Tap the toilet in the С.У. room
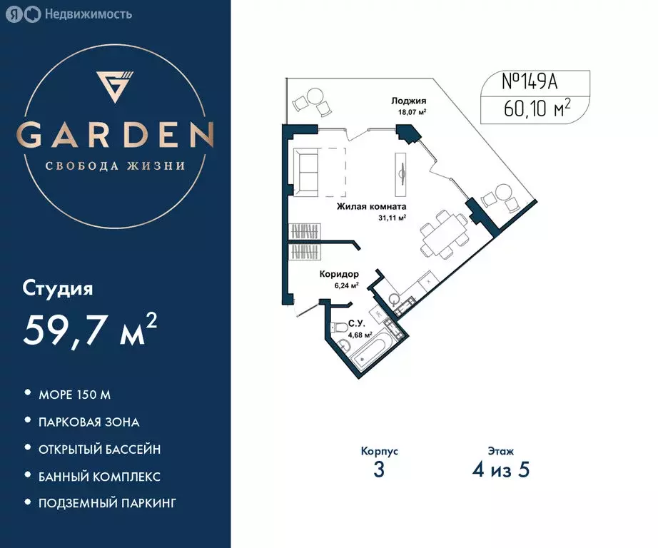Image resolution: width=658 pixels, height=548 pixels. (x=338, y=328)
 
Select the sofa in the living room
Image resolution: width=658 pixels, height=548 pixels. (x=306, y=172)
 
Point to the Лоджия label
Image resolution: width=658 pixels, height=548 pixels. (x=408, y=101)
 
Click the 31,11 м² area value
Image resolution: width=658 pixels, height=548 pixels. (x=392, y=218)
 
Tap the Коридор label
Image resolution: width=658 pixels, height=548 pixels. (x=339, y=274)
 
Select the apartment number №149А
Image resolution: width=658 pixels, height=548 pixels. (x=530, y=82)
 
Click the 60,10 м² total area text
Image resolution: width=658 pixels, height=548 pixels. (x=537, y=108)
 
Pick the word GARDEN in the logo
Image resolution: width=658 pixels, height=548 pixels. (x=115, y=135)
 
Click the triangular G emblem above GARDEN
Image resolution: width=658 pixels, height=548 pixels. (x=115, y=87)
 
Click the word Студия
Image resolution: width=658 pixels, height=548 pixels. (x=58, y=289)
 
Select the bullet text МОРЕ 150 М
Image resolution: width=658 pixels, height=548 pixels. (x=75, y=395)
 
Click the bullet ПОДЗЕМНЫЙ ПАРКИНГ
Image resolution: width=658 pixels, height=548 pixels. (x=108, y=503)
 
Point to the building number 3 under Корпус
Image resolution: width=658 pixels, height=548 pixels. (x=379, y=469)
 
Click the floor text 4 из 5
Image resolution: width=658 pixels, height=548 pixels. (x=501, y=469)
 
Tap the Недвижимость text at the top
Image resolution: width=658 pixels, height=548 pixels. (x=88, y=14)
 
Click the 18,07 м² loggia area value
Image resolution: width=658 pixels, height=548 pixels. (x=412, y=112)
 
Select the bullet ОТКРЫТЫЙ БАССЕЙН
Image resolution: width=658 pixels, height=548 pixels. (x=99, y=450)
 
